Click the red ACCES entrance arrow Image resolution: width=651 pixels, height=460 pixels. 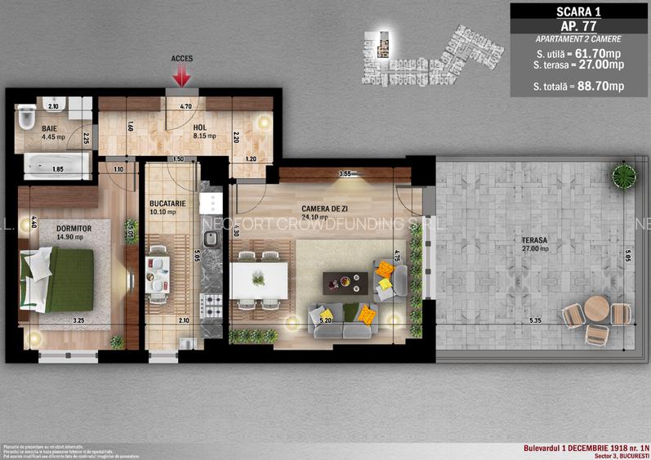click(181, 76)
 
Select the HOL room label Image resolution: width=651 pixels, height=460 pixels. click(199, 127)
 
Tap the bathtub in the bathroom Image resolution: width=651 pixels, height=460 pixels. click(53, 168)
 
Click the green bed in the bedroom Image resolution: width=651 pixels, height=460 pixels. click(57, 279)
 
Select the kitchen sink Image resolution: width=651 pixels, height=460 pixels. click(210, 239)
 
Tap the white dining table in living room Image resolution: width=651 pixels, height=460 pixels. click(259, 279)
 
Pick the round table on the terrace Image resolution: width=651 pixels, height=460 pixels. click(596, 310)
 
